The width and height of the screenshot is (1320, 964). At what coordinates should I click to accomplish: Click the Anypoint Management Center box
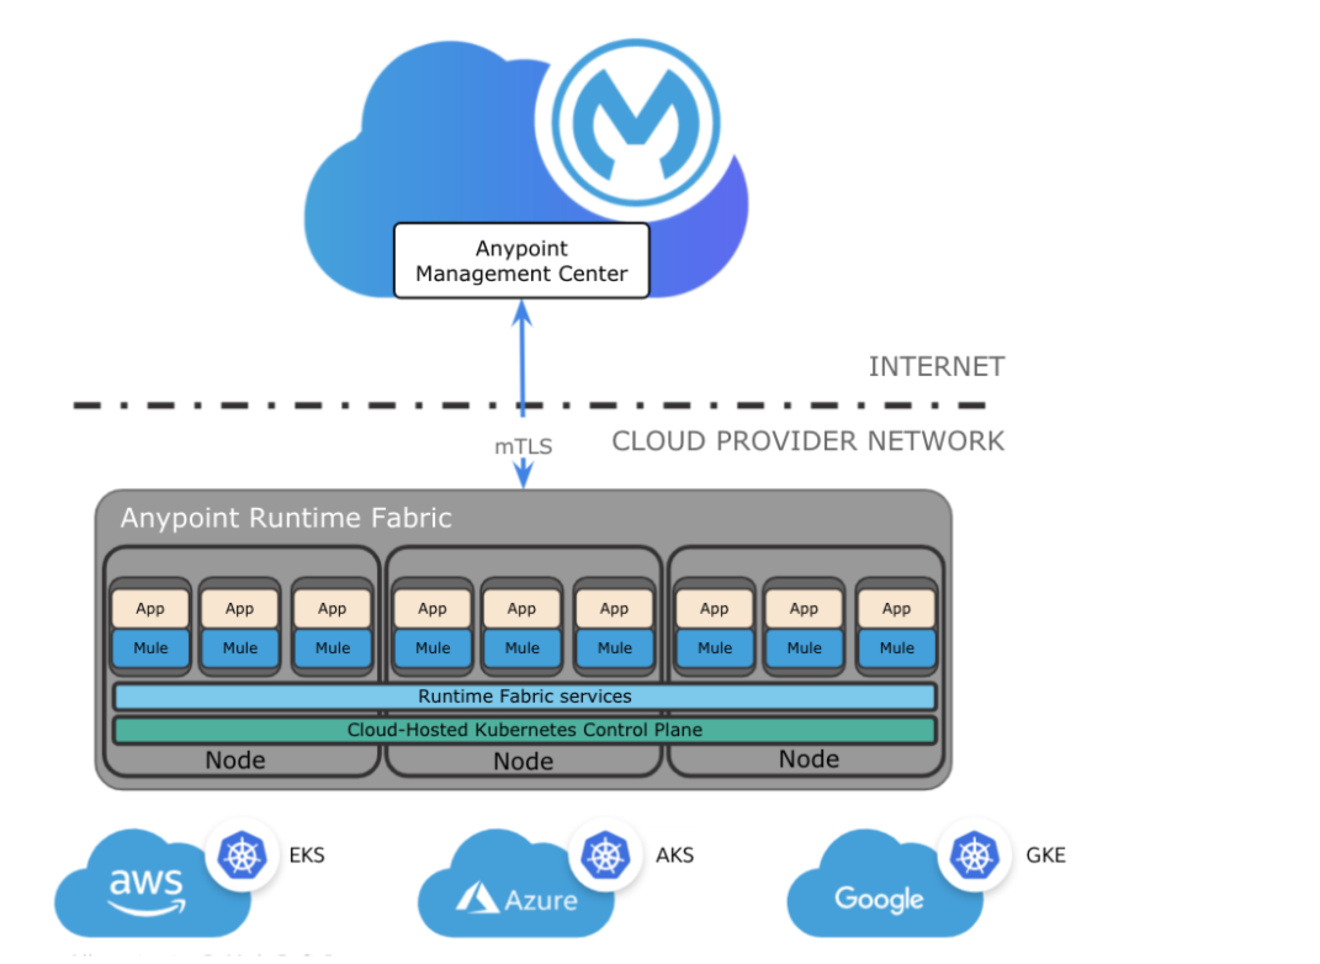pyautogui.click(x=521, y=261)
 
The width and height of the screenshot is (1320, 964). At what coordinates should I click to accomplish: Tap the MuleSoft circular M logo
pyautogui.click(x=636, y=123)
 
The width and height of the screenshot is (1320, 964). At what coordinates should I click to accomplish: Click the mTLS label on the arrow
pyautogui.click(x=523, y=446)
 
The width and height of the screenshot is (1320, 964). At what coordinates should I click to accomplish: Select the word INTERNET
pyautogui.click(x=936, y=367)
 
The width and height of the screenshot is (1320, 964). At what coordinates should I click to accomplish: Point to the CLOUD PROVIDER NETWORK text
pyautogui.click(x=807, y=441)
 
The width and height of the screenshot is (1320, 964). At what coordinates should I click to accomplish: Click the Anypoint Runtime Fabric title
pyautogui.click(x=286, y=518)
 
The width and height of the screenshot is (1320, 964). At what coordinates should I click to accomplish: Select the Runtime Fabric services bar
pyautogui.click(x=524, y=696)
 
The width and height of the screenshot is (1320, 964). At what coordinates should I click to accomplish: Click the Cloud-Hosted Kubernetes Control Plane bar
pyautogui.click(x=524, y=730)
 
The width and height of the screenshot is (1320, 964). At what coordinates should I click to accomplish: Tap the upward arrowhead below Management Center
pyautogui.click(x=523, y=313)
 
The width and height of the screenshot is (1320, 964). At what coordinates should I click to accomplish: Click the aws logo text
pyautogui.click(x=147, y=883)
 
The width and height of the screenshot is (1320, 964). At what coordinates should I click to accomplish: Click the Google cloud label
pyautogui.click(x=879, y=899)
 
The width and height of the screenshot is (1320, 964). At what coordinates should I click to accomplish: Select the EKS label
pyautogui.click(x=307, y=856)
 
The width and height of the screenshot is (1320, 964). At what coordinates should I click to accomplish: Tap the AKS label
pyautogui.click(x=675, y=856)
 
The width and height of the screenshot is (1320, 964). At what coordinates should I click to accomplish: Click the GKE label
pyautogui.click(x=1046, y=856)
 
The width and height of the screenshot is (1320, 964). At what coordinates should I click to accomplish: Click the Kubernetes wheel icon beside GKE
pyautogui.click(x=974, y=856)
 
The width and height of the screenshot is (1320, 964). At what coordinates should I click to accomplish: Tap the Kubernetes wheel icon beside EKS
pyautogui.click(x=242, y=856)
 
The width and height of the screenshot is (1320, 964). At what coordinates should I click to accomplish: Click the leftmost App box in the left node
pyautogui.click(x=150, y=609)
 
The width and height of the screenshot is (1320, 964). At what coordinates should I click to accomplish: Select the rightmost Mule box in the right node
pyautogui.click(x=897, y=648)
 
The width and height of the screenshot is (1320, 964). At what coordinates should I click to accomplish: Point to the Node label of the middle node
pyautogui.click(x=523, y=761)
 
